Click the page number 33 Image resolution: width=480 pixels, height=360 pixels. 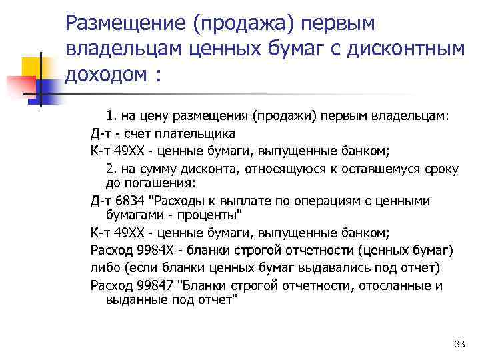click(458, 344)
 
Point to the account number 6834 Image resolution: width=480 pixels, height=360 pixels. click(133, 201)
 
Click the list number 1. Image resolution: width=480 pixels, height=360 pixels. click(110, 115)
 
